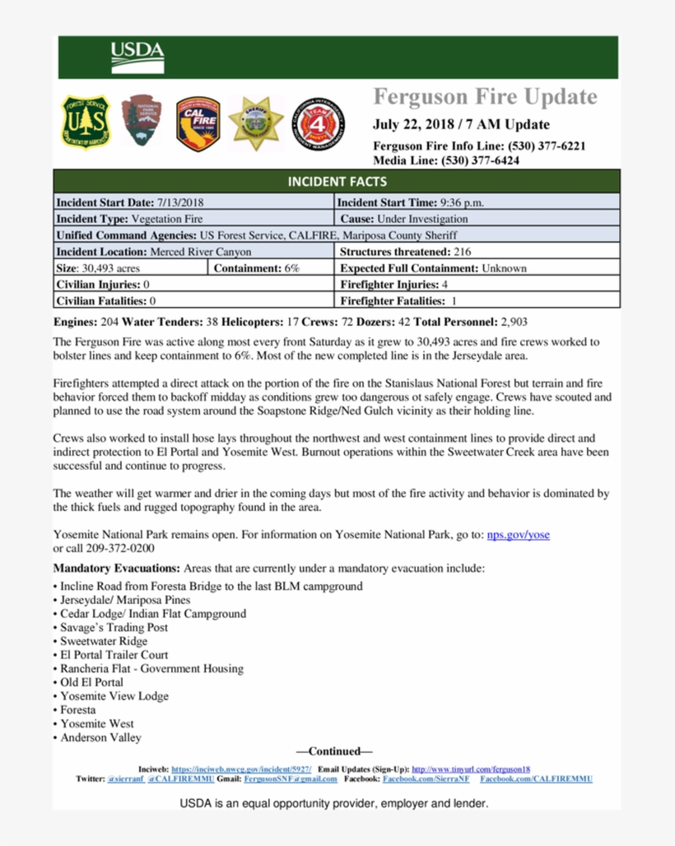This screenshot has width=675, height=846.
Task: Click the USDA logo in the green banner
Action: (x=137, y=57)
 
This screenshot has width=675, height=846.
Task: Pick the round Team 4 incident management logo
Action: (x=319, y=120)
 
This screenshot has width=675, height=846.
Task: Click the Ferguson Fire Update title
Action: (x=485, y=97)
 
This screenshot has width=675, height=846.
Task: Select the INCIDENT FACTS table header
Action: (x=337, y=181)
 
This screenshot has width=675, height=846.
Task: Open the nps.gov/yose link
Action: (x=518, y=535)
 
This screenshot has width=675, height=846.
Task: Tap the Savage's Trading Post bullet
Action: (x=114, y=627)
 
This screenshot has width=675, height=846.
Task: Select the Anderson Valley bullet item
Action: (x=100, y=737)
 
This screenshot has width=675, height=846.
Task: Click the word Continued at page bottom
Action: (x=335, y=751)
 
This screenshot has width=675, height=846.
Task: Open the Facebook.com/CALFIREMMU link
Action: (x=536, y=779)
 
